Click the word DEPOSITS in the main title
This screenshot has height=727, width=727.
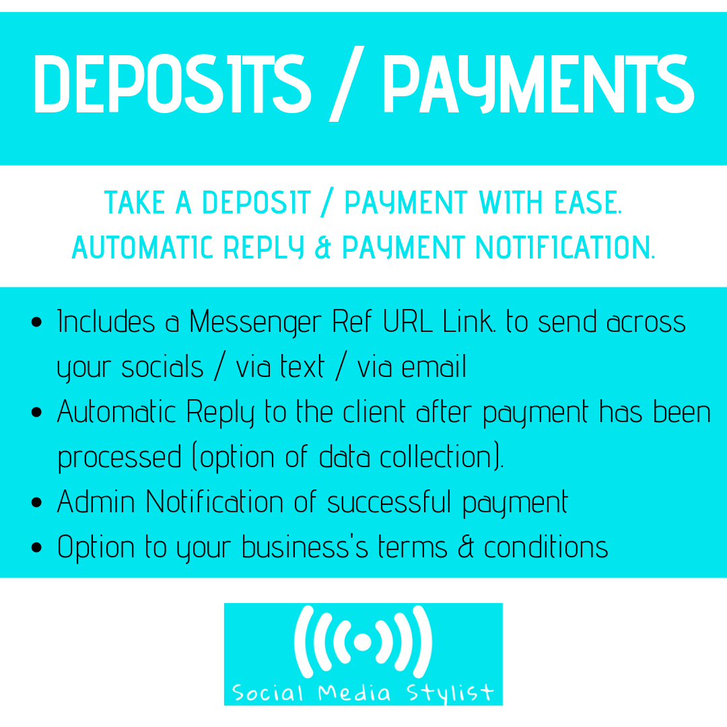point(172,85)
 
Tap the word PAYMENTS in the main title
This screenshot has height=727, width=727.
point(539,85)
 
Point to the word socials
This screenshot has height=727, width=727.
point(162,367)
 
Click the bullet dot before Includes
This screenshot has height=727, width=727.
point(37,322)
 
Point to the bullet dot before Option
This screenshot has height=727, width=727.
point(37,547)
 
